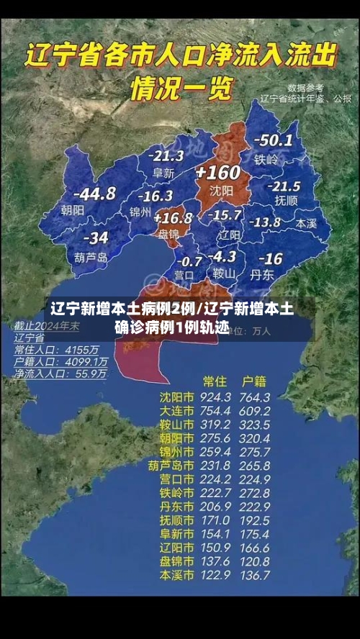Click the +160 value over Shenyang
coord(217,173)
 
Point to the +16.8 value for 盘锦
coord(173,217)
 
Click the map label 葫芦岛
coord(91,256)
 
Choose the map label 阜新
coord(163,173)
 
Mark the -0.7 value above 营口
coord(189,260)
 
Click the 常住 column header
coord(215,381)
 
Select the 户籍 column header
coord(253,381)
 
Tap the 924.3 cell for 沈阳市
coord(215,397)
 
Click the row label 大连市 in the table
coord(176,411)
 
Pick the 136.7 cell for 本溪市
coord(254,576)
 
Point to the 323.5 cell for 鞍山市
coord(254,425)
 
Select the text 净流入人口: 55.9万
coord(60,373)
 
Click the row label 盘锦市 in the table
coord(176,561)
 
